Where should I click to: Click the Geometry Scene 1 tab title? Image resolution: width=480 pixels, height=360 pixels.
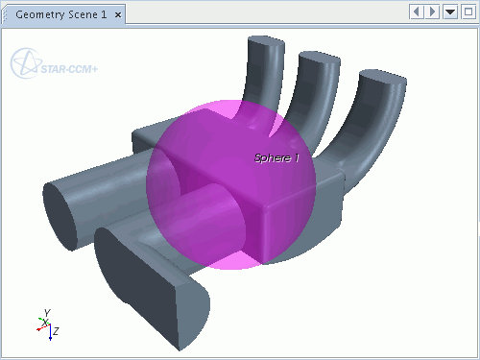61,14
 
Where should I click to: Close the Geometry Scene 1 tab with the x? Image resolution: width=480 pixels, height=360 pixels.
118,15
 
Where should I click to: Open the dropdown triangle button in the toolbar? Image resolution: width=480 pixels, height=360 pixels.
450,12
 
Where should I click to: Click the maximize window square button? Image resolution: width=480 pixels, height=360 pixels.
468,12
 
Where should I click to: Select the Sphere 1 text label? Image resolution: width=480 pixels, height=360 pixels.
276,157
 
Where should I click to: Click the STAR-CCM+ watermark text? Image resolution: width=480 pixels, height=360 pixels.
69,69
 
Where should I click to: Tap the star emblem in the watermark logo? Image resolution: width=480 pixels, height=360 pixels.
26,63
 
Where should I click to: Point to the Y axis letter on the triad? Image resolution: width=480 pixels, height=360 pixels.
47,313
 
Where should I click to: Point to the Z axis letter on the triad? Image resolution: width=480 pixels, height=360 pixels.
56,331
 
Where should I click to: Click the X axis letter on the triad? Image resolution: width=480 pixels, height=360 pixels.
46,323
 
